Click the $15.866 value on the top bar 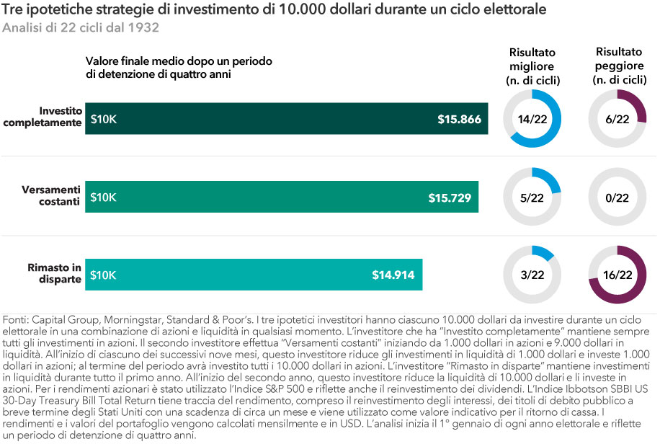(459, 119)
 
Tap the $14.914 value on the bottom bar (393, 275)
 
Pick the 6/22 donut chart (617, 119)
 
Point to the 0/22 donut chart (617, 197)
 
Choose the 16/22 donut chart (617, 275)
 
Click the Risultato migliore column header (534, 66)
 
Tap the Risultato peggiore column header (618, 66)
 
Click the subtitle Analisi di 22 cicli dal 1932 (81, 29)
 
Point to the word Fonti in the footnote (17, 319)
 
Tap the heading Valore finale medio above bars (178, 67)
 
